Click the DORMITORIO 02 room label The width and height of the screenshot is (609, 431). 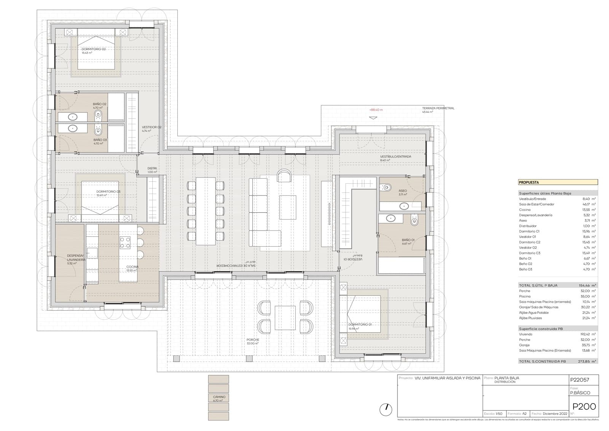(93, 49)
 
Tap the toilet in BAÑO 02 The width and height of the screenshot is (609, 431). (98, 115)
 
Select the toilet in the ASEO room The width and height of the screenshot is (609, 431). (387, 187)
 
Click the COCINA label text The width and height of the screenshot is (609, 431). (132, 267)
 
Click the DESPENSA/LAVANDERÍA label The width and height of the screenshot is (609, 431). (75, 257)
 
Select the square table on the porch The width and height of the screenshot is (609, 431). (285, 317)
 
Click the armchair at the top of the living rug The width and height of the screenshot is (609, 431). (284, 176)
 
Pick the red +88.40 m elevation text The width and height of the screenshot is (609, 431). (376, 110)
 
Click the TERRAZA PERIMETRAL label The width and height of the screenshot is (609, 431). (438, 108)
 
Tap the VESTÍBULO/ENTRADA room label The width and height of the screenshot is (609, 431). (395, 157)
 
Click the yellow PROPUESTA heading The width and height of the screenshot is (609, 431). (529, 182)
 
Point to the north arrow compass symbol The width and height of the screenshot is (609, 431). (386, 410)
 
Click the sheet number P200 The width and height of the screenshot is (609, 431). (584, 407)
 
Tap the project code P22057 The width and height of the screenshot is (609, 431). (579, 380)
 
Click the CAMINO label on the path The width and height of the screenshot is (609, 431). (219, 397)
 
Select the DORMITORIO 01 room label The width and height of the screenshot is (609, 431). (360, 324)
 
